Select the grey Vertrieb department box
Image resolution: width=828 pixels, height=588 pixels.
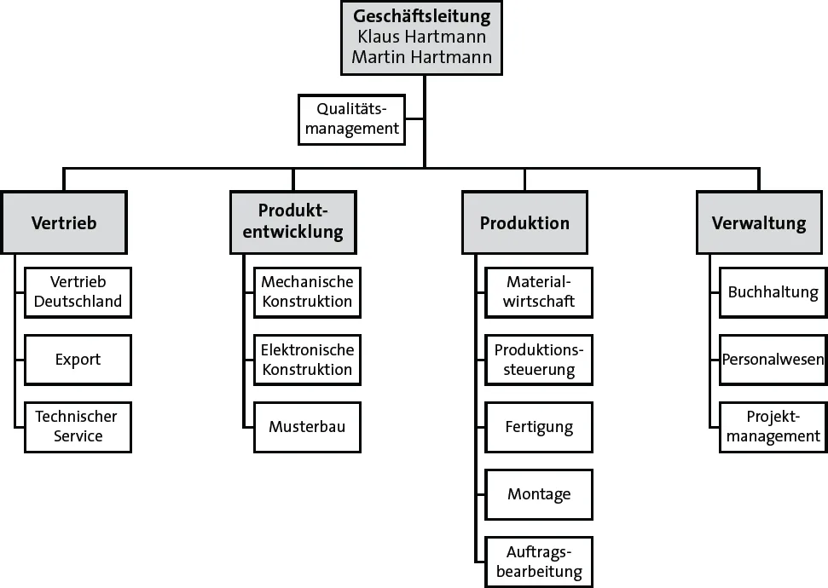tap(64, 223)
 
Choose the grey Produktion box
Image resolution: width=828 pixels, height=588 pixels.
tap(524, 223)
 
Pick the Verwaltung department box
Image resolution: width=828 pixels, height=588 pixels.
tap(759, 223)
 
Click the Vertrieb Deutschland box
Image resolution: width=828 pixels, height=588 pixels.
tap(78, 292)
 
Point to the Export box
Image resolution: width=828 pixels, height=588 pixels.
tap(78, 360)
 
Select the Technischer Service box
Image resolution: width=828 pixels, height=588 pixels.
tap(78, 426)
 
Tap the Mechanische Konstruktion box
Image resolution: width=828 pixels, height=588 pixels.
tap(307, 292)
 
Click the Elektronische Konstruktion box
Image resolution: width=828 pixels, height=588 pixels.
tap(307, 360)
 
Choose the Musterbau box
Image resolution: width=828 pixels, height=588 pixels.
tap(307, 426)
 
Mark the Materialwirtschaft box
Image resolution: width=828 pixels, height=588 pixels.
tap(539, 292)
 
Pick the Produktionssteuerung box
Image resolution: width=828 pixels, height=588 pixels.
tap(539, 360)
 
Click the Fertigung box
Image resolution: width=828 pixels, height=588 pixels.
tap(539, 426)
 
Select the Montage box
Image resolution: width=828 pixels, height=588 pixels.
tap(539, 494)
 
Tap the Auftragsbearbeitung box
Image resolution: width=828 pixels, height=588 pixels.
tap(539, 562)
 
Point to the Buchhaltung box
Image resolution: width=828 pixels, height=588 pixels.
tap(773, 292)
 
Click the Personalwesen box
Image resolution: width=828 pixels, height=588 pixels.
tap(773, 360)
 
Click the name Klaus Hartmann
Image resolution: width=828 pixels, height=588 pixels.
tap(423, 37)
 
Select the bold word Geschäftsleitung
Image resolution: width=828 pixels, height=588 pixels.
tap(423, 16)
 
